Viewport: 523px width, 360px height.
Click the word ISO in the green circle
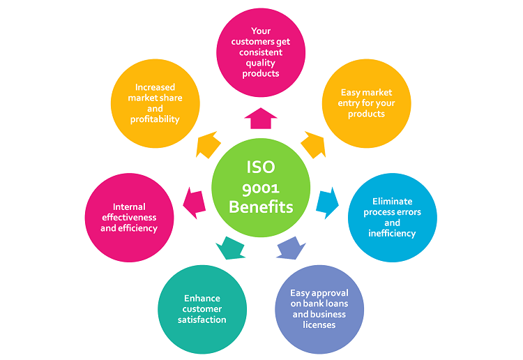point(261,167)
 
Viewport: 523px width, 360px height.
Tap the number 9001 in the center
point(261,188)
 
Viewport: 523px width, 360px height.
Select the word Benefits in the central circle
point(261,207)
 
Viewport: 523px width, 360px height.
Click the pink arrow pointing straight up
point(261,119)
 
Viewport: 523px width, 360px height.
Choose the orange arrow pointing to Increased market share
point(209,145)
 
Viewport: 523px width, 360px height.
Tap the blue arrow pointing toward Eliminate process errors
point(327,202)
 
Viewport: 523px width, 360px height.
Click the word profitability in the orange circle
point(155,119)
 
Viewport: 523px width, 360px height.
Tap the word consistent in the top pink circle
point(261,52)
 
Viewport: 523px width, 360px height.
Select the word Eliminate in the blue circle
point(393,202)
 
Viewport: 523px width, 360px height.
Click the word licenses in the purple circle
point(319,324)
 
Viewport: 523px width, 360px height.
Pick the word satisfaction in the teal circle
point(202,320)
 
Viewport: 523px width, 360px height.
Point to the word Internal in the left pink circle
point(129,207)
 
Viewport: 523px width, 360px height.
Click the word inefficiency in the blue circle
point(393,233)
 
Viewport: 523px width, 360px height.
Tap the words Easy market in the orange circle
point(366,92)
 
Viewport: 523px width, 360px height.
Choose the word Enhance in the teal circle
point(202,298)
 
